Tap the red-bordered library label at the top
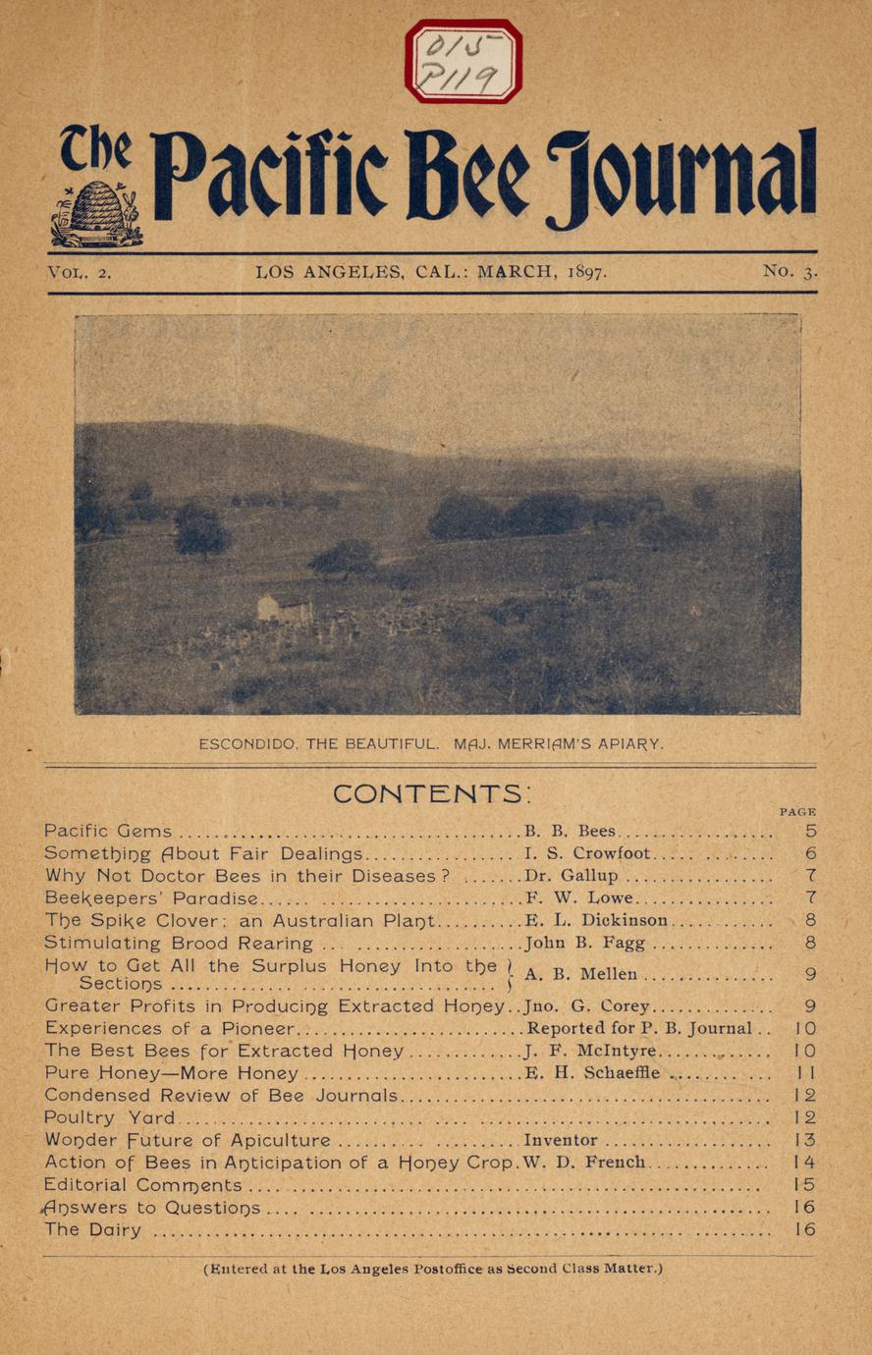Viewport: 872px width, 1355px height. [463, 61]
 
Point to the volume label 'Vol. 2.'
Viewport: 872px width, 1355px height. [80, 272]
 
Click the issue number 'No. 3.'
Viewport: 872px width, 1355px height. [790, 271]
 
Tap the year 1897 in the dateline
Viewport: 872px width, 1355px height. [586, 272]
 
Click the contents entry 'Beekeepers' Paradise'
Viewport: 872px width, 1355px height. [151, 898]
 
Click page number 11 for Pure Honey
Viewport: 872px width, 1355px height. [805, 1073]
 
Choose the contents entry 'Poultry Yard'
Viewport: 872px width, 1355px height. [109, 1117]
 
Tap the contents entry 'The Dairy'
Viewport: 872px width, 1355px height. [92, 1229]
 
